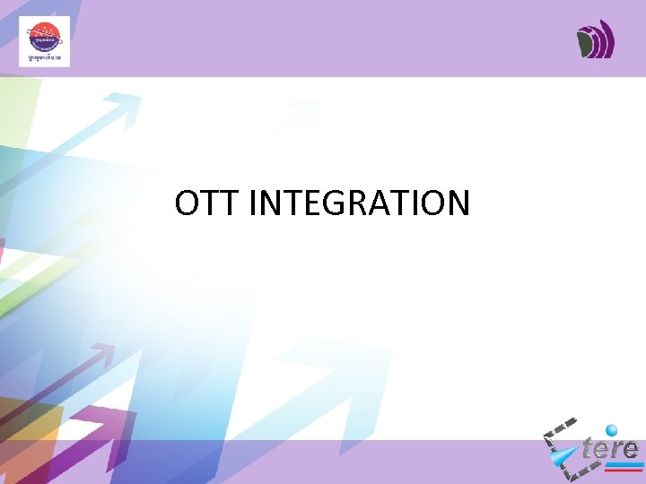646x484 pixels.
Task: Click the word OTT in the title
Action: [x=207, y=204]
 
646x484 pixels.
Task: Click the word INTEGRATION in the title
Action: [x=359, y=204]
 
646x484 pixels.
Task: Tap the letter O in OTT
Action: [x=189, y=204]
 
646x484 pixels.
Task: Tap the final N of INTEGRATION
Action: [x=455, y=204]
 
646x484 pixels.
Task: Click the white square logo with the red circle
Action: [x=44, y=41]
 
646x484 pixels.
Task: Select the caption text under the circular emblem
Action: [x=44, y=56]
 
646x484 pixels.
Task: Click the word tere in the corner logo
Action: [x=610, y=447]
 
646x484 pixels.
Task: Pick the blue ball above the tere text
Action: [x=612, y=429]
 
